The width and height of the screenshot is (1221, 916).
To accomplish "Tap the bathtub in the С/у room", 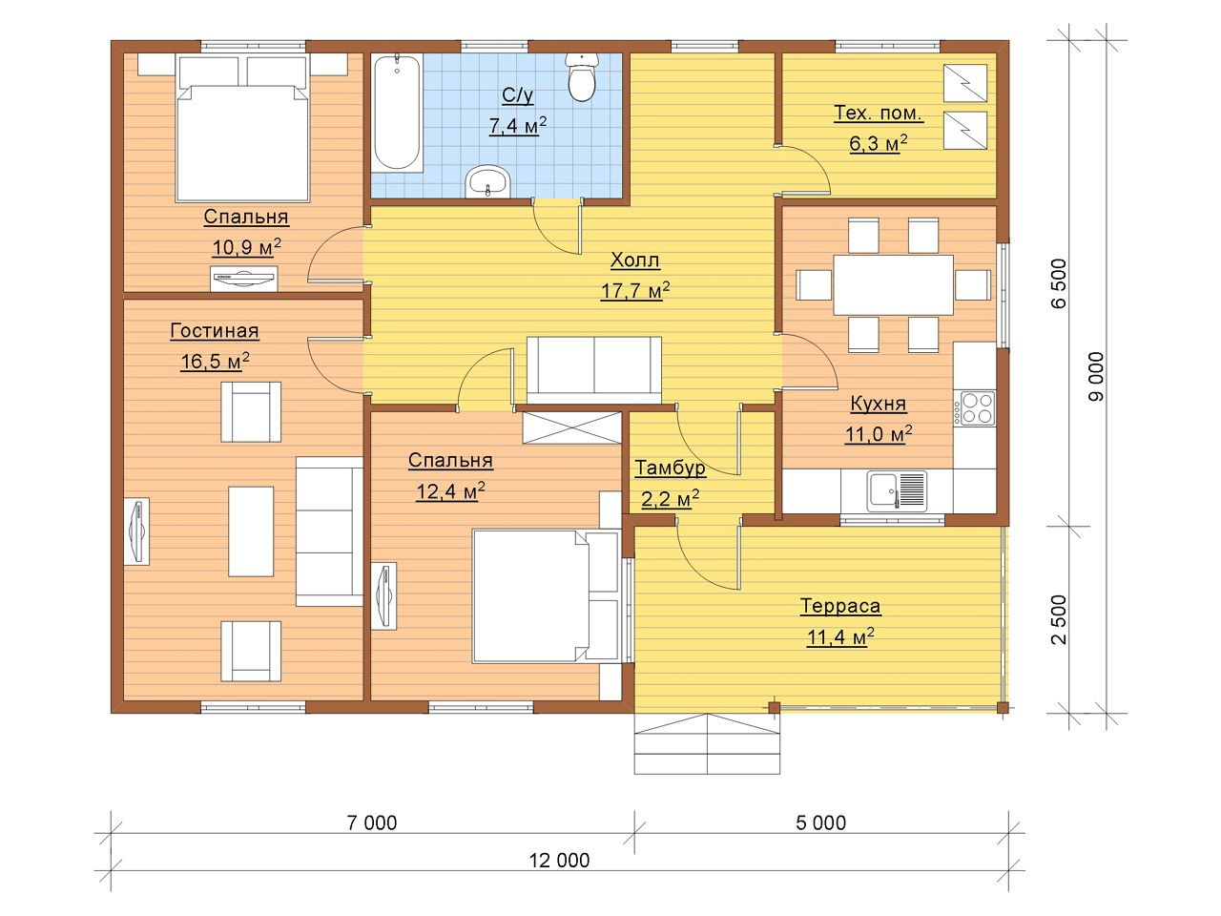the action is click(x=397, y=113).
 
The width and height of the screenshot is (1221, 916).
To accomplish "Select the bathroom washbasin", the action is click(x=488, y=181).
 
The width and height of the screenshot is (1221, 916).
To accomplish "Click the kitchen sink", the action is click(x=896, y=491).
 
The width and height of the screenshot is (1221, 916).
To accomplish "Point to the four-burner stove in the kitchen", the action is click(x=974, y=408).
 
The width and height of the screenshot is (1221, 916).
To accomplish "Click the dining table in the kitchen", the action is click(x=893, y=284).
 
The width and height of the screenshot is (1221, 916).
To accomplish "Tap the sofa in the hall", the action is click(x=594, y=370).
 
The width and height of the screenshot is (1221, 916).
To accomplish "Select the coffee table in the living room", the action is click(x=251, y=531).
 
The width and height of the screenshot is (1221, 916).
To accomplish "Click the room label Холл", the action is click(x=635, y=260).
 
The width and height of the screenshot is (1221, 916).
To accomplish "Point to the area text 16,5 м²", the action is click(x=215, y=362).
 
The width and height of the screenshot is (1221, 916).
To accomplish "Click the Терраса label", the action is click(x=840, y=606).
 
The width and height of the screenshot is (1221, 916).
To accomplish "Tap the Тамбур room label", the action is click(x=671, y=468).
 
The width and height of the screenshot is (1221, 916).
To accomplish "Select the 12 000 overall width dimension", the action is click(x=559, y=861).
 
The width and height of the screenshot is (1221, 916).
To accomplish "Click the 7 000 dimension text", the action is click(x=372, y=822).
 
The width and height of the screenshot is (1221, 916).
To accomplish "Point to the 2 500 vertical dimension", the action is click(x=1060, y=619).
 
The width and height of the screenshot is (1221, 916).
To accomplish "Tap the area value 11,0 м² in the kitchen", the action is click(x=879, y=434).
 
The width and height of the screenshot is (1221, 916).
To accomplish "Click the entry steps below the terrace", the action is click(x=707, y=743).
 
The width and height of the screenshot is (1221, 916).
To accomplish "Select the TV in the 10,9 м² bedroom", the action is click(x=243, y=278).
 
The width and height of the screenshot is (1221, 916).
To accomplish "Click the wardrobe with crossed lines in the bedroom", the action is click(x=571, y=427).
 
